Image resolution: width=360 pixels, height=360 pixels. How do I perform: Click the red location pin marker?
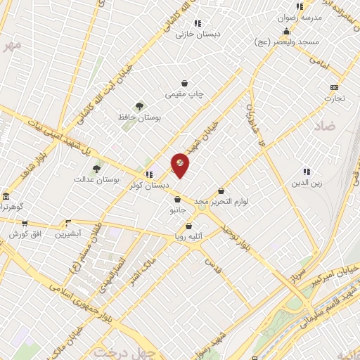pyautogui.click(x=180, y=165)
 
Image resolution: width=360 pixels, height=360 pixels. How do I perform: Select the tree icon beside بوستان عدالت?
pyautogui.click(x=96, y=169)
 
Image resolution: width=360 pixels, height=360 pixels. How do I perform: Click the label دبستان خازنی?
pyautogui.click(x=198, y=33)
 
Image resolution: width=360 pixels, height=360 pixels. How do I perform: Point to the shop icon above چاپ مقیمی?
pyautogui.click(x=184, y=83)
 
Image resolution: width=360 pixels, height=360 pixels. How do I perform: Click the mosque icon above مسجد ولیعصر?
pyautogui.click(x=286, y=32)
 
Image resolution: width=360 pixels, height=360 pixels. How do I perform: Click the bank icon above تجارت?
pyautogui.click(x=334, y=87)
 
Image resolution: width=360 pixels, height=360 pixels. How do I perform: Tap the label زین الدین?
pyautogui.click(x=307, y=183)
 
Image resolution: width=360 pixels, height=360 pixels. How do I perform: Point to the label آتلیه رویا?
pyautogui.click(x=188, y=237)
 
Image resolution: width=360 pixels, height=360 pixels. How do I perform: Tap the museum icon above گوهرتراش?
pyautogui.click(x=6, y=196)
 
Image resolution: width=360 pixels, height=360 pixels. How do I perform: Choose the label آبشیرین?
pyautogui.click(x=69, y=233)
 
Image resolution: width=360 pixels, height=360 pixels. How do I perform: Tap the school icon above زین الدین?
pyautogui.click(x=306, y=171)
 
